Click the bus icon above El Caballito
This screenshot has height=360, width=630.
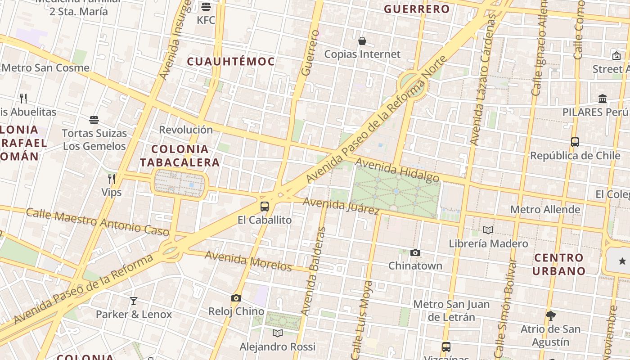click(265, 207)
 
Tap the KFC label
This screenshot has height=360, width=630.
click(206, 20)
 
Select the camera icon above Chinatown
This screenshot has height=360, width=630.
click(415, 253)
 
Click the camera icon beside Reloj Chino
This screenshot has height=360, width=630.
click(236, 298)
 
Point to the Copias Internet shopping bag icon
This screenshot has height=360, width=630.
click(362, 41)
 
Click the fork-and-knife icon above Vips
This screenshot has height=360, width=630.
click(112, 179)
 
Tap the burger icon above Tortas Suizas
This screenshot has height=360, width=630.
click(94, 120)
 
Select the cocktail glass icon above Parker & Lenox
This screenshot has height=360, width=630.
click(134, 301)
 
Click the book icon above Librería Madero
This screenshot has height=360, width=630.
click(488, 230)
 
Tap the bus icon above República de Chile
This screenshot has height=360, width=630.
click(575, 142)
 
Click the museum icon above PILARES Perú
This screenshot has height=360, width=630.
click(603, 99)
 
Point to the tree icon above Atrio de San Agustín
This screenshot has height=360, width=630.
click(551, 315)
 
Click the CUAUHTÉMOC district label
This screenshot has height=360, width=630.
click(231, 62)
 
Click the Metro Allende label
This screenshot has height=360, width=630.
click(545, 209)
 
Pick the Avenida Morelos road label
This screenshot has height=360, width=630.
click(248, 261)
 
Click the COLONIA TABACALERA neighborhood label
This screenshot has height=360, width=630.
click(180, 156)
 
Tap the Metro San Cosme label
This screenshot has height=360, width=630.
click(46, 68)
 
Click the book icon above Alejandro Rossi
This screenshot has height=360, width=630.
click(278, 333)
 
